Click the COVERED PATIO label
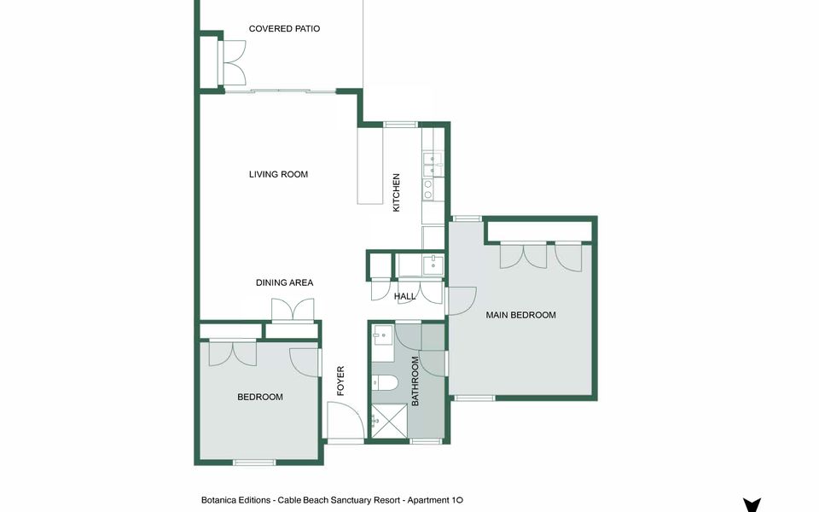coord(284,29)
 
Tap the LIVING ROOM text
coord(278,174)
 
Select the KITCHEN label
coord(396,193)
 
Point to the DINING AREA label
coord(285,282)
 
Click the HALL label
coord(404,296)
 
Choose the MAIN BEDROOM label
coord(520,315)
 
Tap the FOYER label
coord(340,381)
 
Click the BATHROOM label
coord(415,381)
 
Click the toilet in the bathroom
coord(385,383)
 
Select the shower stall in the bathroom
coord(389,421)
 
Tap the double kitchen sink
coord(433,164)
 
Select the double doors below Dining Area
coord(293,310)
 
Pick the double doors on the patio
coord(234,62)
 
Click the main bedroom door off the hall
coord(462,301)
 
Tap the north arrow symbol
coord(752,505)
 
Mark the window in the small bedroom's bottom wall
coord(254,463)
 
